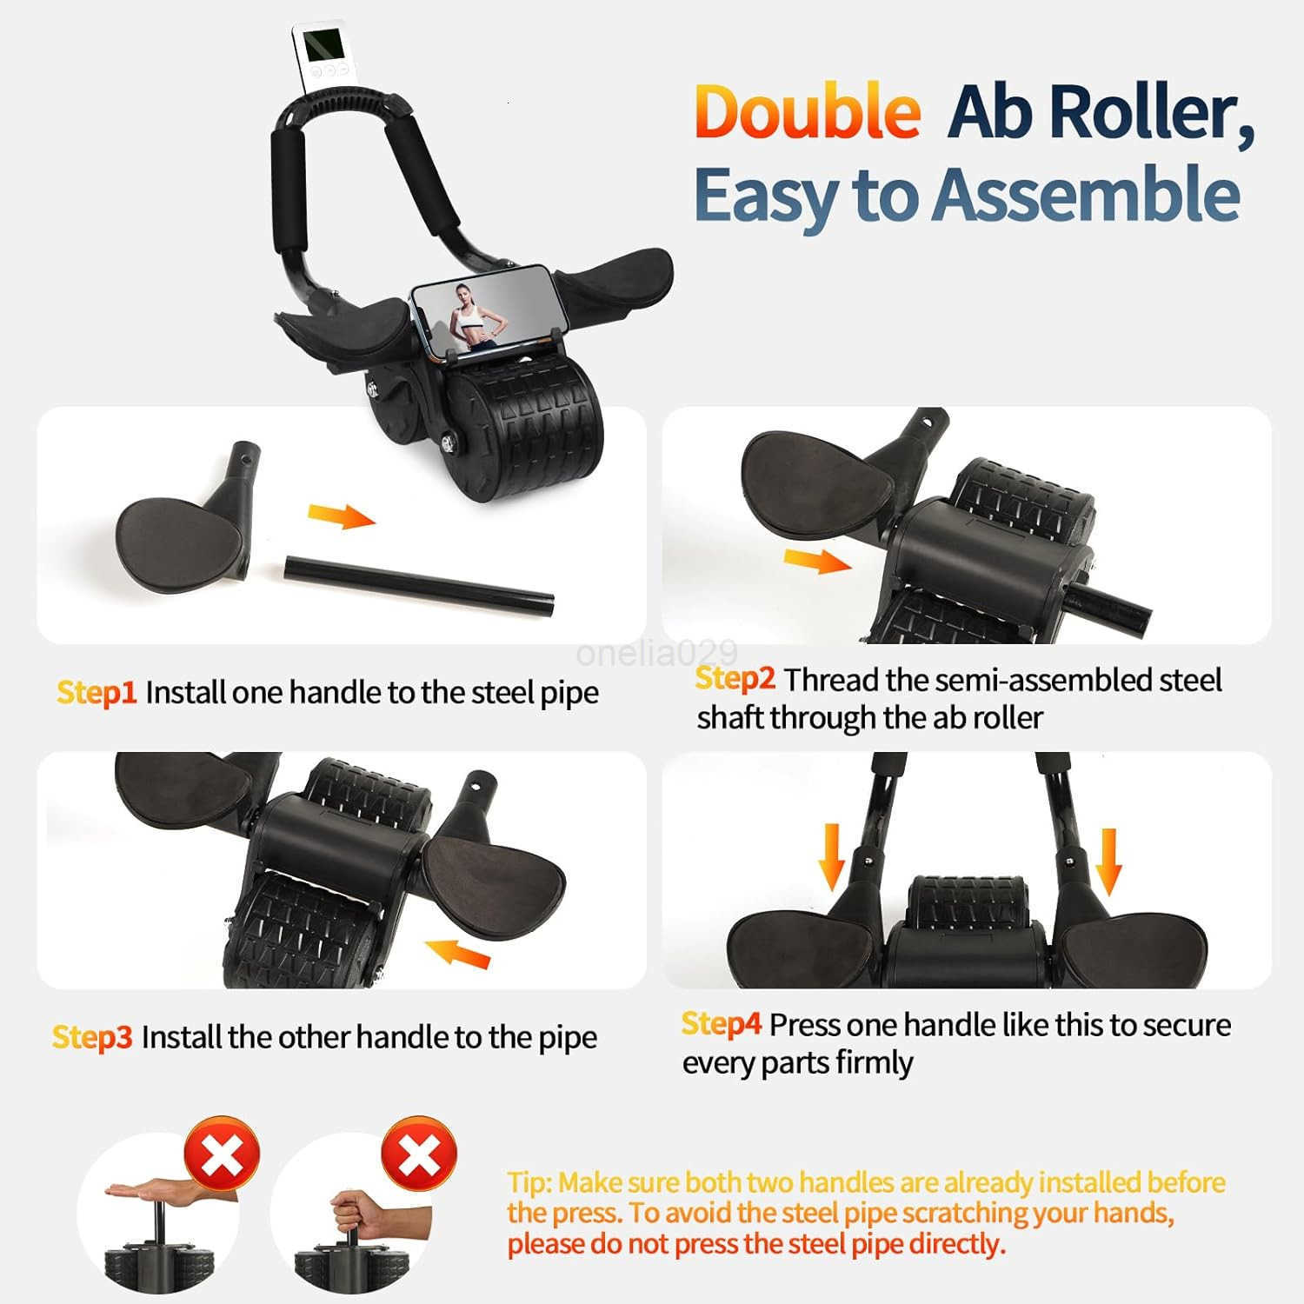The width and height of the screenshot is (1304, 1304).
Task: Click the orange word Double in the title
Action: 808,112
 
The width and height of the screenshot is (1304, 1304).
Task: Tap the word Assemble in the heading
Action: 1086,195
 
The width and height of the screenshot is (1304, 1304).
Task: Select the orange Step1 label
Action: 96,693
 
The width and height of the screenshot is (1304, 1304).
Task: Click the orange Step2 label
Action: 735,679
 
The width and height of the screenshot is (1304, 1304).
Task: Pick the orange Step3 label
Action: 92,1037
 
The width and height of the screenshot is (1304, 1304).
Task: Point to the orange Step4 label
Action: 722,1024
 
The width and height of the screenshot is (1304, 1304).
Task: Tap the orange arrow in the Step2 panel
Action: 817,562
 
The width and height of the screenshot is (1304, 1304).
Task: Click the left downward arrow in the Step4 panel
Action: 833,856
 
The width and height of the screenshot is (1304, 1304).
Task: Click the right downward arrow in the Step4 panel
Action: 1108,860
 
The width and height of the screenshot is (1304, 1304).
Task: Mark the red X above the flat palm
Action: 222,1154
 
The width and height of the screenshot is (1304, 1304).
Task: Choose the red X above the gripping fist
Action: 419,1154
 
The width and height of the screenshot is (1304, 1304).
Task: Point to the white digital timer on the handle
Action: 324,54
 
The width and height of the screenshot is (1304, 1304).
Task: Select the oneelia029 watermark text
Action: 656,653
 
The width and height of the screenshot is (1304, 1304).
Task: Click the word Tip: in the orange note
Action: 529,1183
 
